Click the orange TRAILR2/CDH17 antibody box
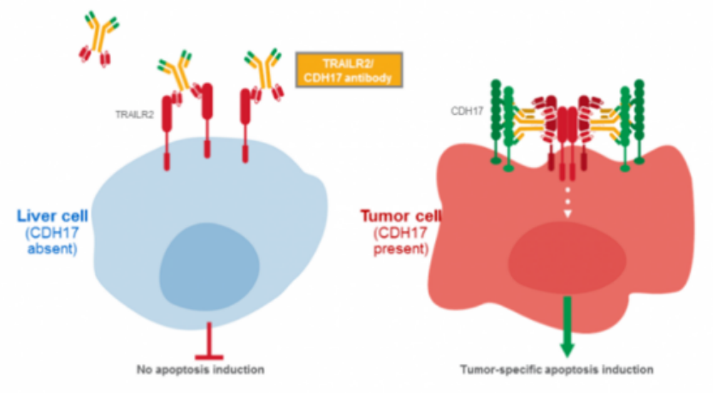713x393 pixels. (x=348, y=69)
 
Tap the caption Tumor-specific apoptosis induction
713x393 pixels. (x=557, y=370)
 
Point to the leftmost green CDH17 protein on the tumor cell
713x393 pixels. (x=494, y=124)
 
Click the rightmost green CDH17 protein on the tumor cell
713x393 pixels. (x=641, y=124)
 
